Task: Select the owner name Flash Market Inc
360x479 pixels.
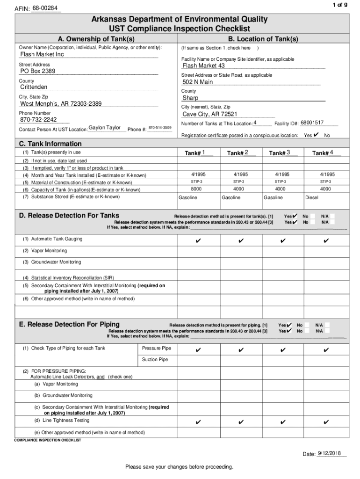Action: coord(42,54)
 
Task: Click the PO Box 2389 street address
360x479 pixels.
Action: coord(38,71)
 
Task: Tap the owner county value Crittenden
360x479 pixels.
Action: coord(34,87)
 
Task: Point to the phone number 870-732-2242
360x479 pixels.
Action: coord(38,119)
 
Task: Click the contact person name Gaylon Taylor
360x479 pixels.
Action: coord(105,128)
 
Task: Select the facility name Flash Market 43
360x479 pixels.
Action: coord(203,65)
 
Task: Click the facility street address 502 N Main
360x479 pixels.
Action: coord(197,82)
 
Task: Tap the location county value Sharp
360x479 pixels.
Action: coord(190,98)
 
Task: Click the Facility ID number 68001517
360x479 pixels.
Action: coord(312,123)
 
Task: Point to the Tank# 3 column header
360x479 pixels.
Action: coord(280,153)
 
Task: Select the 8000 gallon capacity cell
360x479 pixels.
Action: coord(196,189)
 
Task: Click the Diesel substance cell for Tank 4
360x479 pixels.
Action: coord(312,197)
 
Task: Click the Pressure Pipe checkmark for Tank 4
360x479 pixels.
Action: coord(326,350)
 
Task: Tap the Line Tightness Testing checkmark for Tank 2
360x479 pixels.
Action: coord(240,422)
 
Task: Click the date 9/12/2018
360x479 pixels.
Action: coord(330,454)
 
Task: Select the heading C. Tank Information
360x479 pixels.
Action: coord(50,144)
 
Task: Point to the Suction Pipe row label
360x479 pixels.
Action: coord(155,360)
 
